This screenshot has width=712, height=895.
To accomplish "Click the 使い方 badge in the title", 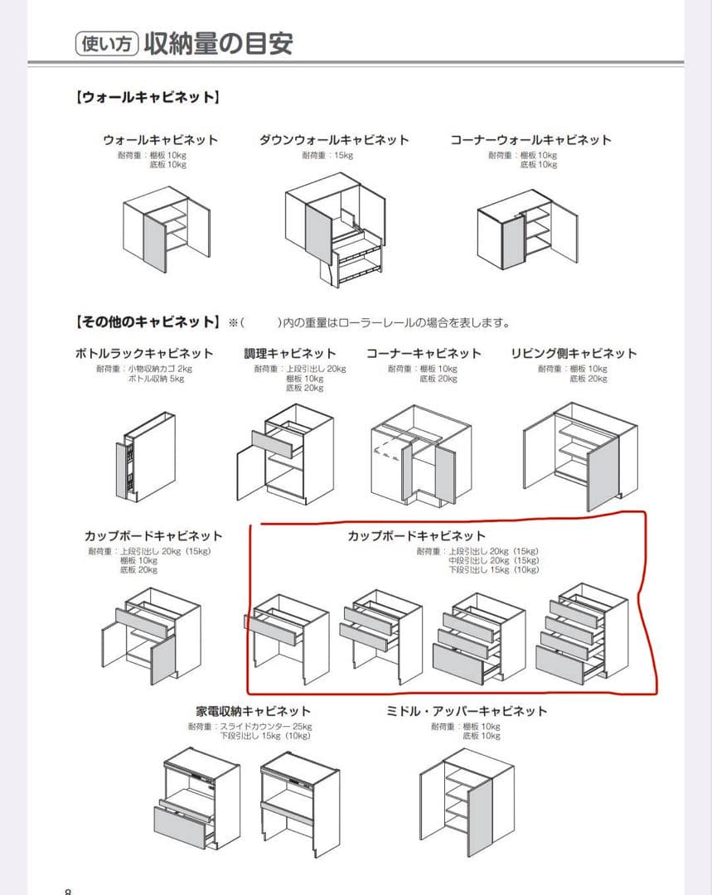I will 106,43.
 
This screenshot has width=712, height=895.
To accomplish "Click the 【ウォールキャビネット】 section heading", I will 148,98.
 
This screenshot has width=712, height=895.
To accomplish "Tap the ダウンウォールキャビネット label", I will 334,140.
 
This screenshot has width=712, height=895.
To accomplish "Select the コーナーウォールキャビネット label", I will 530,140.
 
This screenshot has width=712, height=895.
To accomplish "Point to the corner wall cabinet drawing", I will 527,227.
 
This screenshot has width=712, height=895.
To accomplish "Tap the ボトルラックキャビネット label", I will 144,354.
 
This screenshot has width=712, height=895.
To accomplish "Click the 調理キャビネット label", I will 290,354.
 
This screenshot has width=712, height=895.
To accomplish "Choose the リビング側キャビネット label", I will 574,354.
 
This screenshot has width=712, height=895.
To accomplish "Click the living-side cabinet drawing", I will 579,456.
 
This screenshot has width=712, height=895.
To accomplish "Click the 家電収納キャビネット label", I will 254,711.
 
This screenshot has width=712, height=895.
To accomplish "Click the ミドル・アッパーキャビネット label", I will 467,711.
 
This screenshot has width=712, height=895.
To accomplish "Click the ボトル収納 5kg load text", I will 156,379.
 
